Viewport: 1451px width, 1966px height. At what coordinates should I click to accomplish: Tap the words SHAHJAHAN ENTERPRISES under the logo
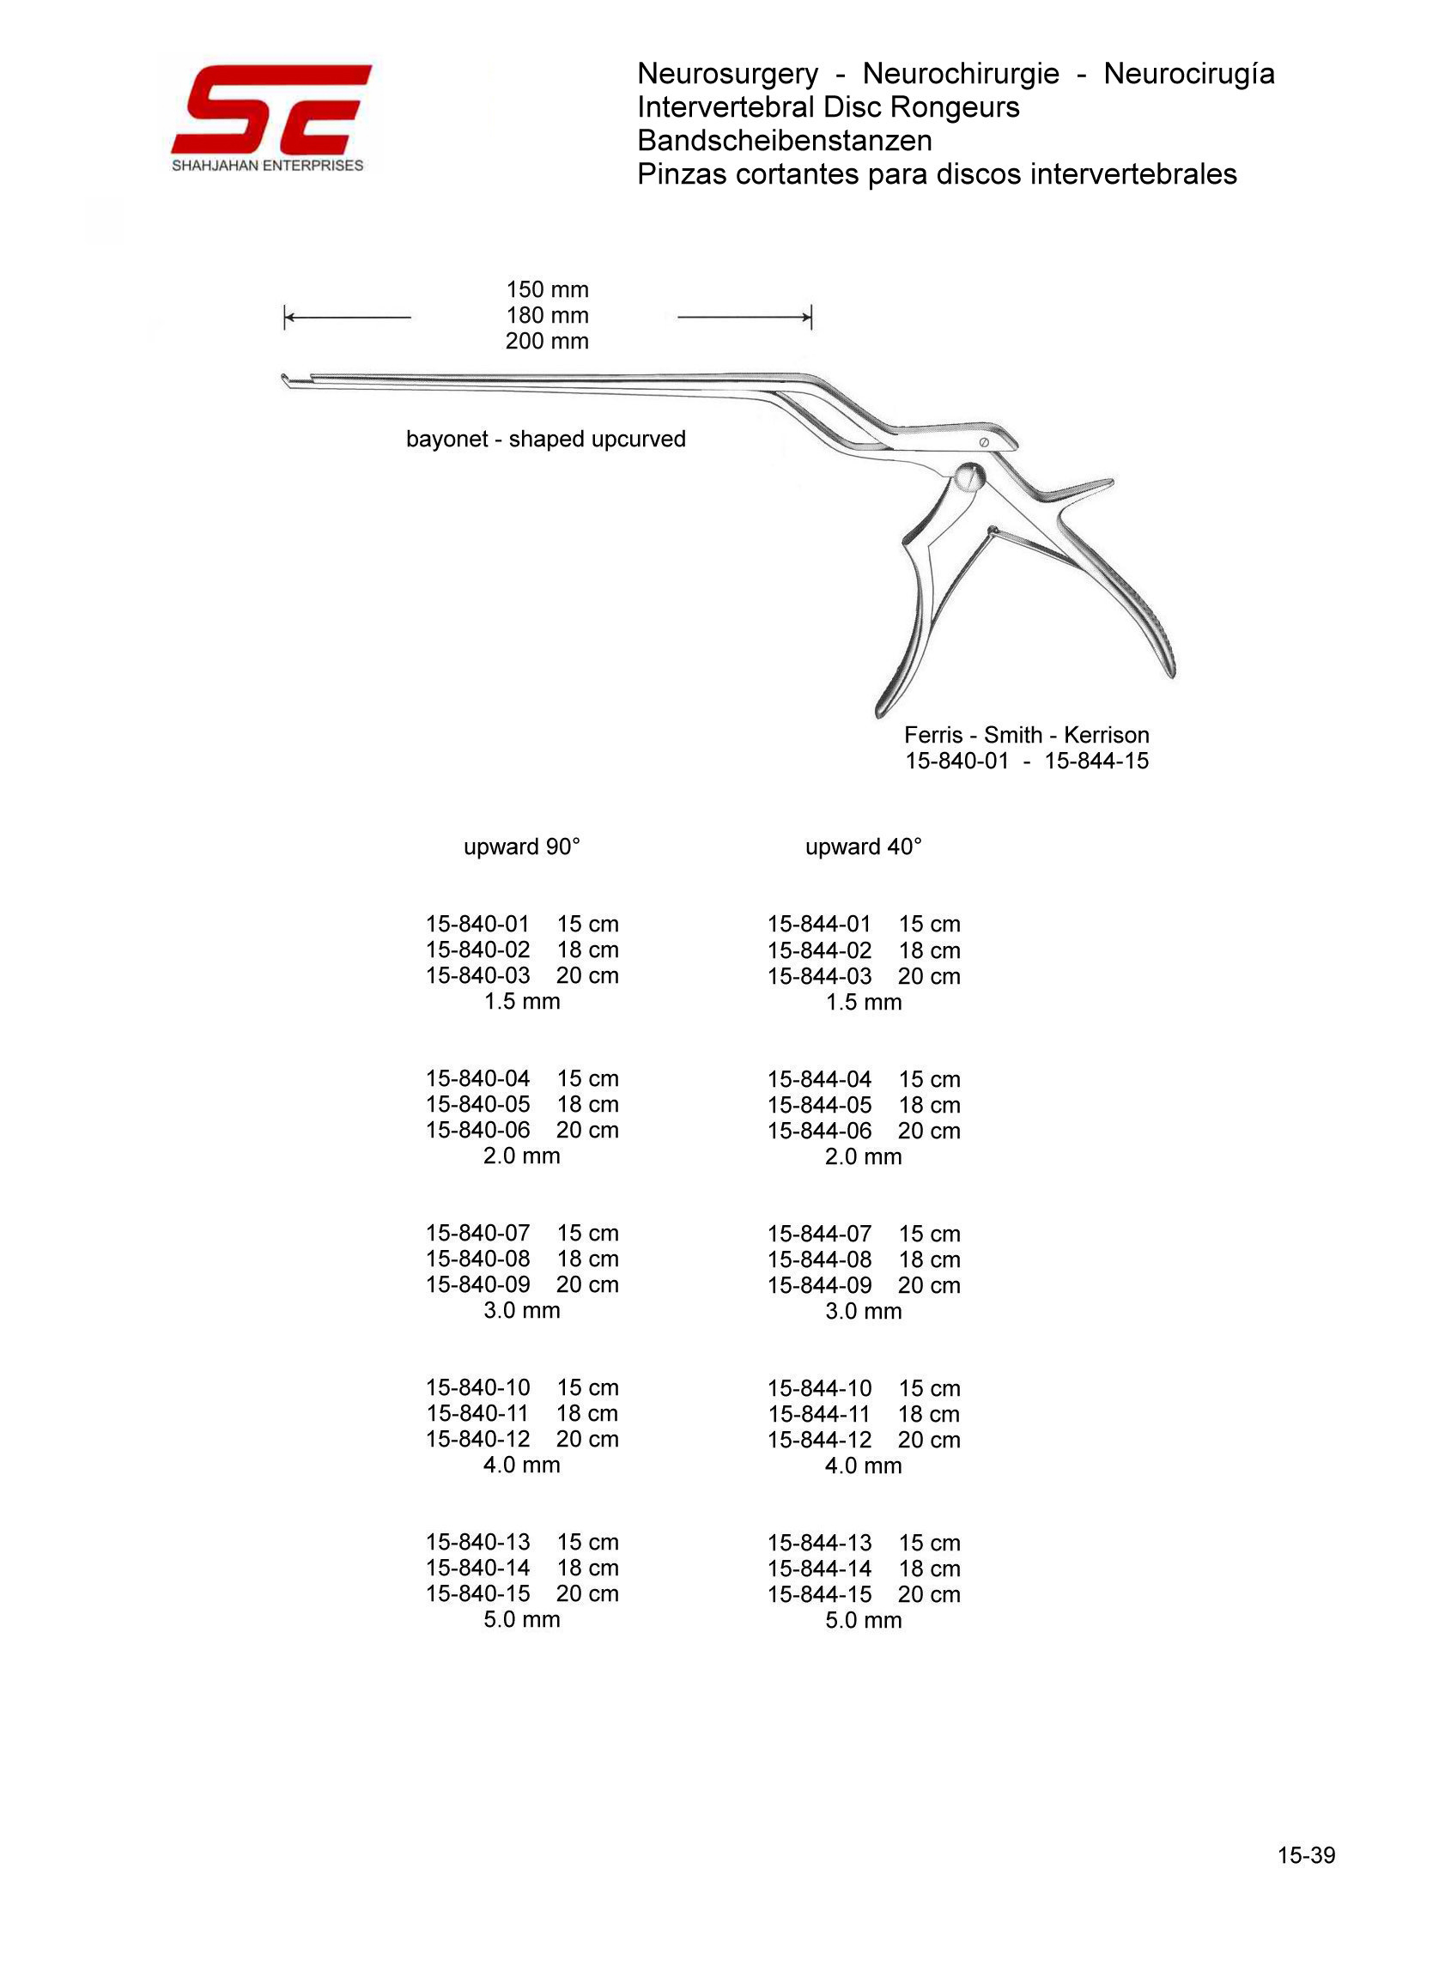[x=267, y=166]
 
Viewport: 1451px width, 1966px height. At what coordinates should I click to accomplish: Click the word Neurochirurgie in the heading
[x=960, y=74]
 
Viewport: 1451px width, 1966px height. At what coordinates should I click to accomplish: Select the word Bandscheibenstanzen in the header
[x=785, y=141]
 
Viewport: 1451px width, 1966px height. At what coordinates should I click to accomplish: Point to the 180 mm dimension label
[x=546, y=315]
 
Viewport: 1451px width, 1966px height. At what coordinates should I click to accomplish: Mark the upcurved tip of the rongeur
[x=285, y=380]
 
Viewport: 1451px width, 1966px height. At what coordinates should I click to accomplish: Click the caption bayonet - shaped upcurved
[x=545, y=439]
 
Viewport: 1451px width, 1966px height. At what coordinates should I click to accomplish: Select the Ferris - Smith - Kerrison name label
[x=1026, y=735]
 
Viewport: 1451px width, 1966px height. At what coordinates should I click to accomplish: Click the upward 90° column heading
[x=522, y=846]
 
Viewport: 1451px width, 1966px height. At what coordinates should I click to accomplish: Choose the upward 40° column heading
[x=864, y=846]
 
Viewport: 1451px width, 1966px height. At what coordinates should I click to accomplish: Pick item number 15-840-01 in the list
[x=478, y=924]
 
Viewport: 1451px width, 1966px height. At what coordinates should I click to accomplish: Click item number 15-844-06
[x=819, y=1131]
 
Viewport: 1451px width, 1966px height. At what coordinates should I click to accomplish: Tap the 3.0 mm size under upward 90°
[x=522, y=1310]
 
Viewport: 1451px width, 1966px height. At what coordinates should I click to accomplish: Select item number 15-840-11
[x=478, y=1414]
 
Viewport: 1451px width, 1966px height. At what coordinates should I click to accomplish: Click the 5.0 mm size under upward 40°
[x=864, y=1620]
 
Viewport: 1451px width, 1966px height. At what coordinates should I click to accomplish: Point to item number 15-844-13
[x=819, y=1543]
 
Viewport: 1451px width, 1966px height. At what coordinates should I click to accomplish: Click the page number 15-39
[x=1306, y=1855]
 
